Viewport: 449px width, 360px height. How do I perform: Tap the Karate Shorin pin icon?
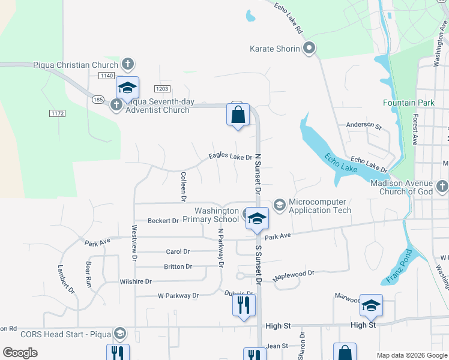tap(310, 49)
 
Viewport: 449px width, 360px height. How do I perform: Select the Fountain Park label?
tap(408, 103)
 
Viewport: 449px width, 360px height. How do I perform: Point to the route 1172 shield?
tap(57, 113)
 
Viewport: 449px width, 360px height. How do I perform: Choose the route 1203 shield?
tap(162, 88)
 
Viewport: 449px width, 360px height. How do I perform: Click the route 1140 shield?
tap(107, 75)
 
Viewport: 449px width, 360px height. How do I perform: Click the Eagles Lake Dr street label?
tap(231, 157)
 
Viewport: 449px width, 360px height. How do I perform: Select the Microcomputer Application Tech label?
tap(320, 206)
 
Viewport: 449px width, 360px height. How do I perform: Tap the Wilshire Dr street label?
tap(136, 281)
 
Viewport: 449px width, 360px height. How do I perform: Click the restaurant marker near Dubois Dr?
tap(244, 305)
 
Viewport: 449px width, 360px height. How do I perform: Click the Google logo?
tap(20, 353)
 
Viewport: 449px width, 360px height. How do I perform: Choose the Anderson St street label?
tap(364, 126)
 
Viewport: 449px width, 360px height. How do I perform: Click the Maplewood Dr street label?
tap(294, 276)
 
